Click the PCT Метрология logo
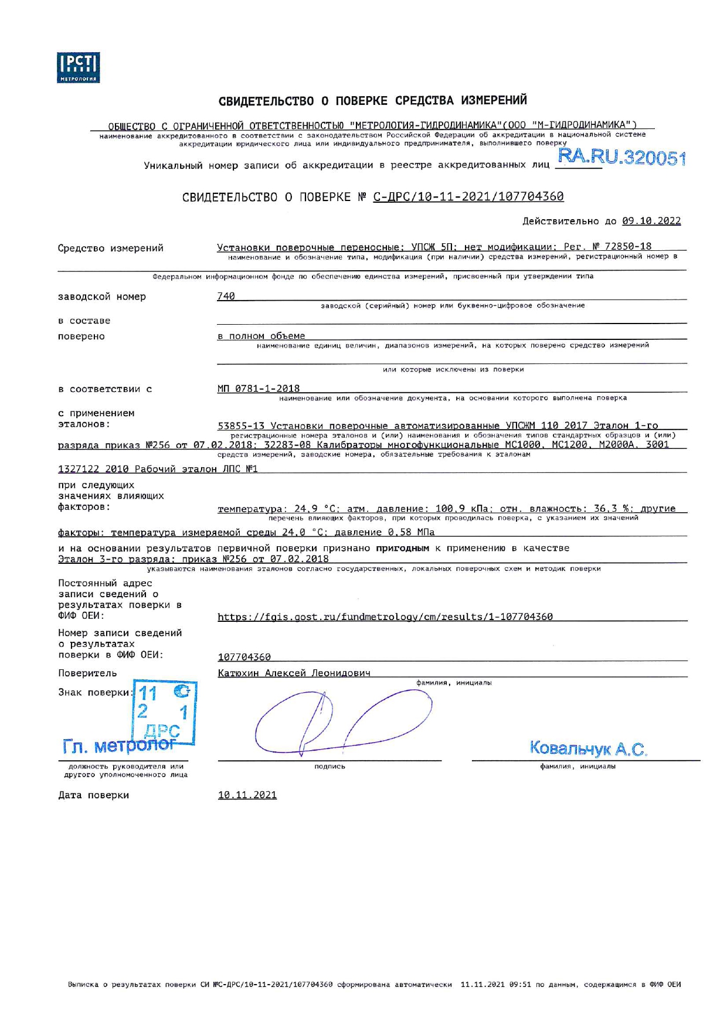[78, 67]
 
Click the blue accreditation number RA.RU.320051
[621, 157]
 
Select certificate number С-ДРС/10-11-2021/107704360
[468, 197]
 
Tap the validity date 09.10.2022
[651, 221]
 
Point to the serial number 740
[226, 297]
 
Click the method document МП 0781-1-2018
[258, 389]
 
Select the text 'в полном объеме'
[261, 336]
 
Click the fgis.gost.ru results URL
[385, 617]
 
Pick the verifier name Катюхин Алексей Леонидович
[294, 673]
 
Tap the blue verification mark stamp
[164, 712]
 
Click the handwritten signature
[343, 721]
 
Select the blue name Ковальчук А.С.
[587, 748]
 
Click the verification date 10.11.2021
[247, 795]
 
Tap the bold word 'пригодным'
[402, 548]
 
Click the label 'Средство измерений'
[110, 248]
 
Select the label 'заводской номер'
[101, 297]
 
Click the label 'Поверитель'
[87, 673]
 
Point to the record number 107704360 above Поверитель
[244, 657]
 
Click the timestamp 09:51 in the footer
[519, 984]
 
